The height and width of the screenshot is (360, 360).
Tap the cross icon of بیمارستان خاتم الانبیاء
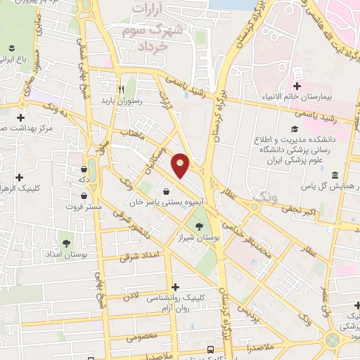pyautogui.click(x=297, y=85)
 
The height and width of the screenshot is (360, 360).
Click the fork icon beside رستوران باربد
pyautogui.click(x=121, y=89)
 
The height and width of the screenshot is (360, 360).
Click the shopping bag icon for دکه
pyautogui.click(x=85, y=169)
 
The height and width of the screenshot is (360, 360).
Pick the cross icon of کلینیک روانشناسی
pyautogui.click(x=175, y=287)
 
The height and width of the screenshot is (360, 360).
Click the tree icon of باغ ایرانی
pyautogui.click(x=11, y=49)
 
